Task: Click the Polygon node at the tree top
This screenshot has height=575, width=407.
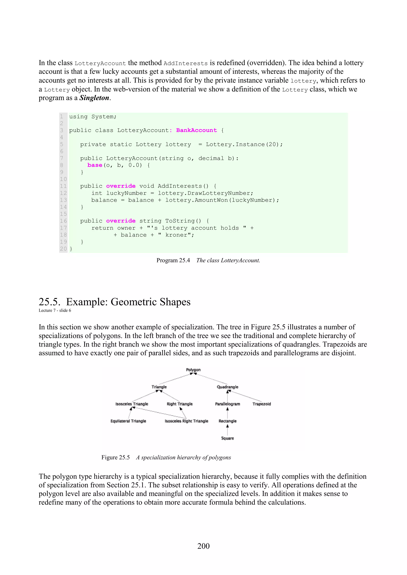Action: tap(193, 370)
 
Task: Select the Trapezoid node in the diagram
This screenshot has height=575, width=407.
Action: tap(262, 404)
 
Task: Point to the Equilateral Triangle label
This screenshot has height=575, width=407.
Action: tap(128, 421)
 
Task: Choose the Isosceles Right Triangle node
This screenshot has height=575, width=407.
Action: tap(186, 421)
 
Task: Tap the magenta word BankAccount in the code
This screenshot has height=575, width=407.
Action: tap(196, 130)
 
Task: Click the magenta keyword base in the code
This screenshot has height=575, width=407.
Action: tap(95, 165)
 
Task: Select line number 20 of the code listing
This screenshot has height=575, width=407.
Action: tap(63, 249)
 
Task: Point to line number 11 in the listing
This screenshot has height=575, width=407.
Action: tap(63, 186)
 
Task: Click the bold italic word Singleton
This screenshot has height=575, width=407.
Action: tap(94, 98)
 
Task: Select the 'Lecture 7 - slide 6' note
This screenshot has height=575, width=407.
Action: tap(55, 311)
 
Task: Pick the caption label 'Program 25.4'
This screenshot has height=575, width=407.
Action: tap(173, 261)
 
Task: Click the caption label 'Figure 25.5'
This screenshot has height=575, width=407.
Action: tap(115, 458)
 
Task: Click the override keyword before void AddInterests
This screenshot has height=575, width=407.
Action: tap(121, 186)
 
